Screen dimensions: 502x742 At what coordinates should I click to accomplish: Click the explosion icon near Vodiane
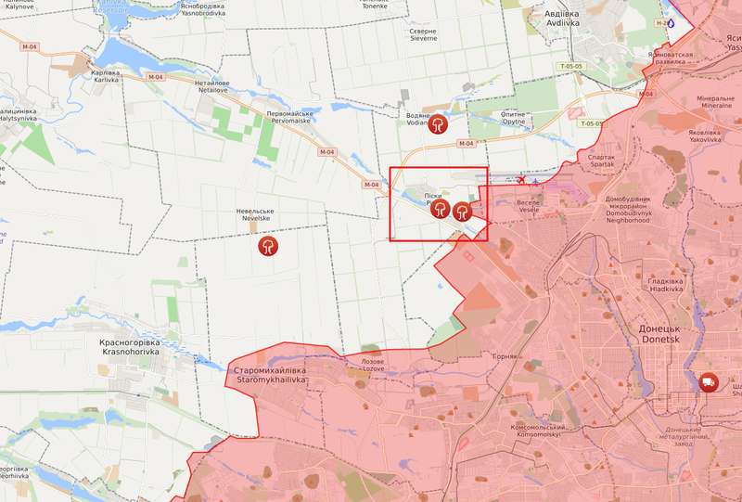433,123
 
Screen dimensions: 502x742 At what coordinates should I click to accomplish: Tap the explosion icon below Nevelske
268,246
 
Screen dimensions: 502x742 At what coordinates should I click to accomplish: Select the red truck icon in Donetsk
708,381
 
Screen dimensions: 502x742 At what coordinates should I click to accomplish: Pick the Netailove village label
212,86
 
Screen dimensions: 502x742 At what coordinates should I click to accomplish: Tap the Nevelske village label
254,217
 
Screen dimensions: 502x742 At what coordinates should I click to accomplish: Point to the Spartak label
602,161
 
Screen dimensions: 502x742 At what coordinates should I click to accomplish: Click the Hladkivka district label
666,285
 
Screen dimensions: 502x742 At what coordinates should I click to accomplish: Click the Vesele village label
529,206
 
